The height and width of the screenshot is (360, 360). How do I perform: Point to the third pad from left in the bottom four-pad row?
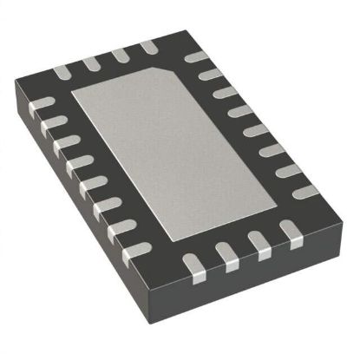pyautogui.click(x=255, y=240)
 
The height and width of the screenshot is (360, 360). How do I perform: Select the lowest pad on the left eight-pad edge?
pyautogui.click(x=131, y=252)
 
